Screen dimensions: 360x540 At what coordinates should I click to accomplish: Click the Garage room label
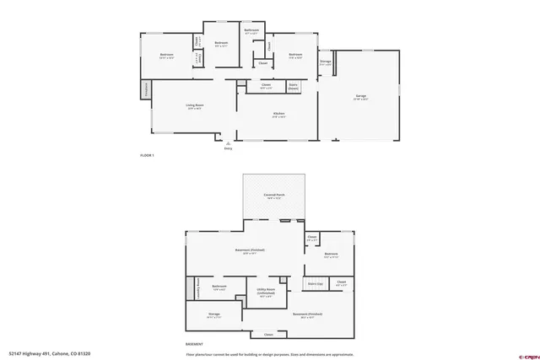[361, 99]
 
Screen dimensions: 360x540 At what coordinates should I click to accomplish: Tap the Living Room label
[195, 105]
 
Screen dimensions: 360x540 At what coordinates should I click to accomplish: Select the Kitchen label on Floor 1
[278, 114]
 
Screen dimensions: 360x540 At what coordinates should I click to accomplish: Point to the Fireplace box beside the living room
[146, 89]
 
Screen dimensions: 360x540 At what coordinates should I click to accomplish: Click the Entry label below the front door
[227, 148]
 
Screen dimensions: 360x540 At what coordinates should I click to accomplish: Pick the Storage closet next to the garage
[325, 62]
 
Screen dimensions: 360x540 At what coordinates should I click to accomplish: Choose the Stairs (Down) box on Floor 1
[294, 85]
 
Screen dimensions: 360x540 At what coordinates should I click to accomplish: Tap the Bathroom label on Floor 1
[251, 31]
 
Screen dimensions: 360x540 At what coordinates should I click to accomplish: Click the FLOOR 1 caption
[147, 156]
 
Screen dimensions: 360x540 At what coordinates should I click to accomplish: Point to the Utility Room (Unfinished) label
[265, 293]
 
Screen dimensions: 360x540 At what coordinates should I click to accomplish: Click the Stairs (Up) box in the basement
[316, 284]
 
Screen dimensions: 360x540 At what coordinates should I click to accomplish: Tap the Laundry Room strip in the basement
[197, 289]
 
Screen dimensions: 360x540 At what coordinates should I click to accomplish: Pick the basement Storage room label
[214, 314]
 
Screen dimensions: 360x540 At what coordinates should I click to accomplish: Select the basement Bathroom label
[220, 287]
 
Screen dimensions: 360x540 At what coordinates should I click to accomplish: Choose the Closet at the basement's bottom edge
[268, 335]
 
